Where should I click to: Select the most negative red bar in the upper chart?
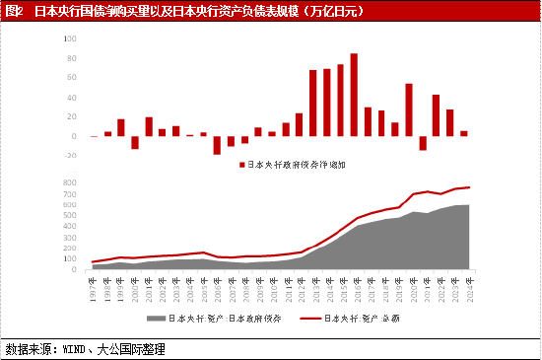[x=217, y=145]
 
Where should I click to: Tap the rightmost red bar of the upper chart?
[x=463, y=133]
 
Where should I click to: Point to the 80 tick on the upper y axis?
[x=69, y=58]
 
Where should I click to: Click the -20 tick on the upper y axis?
[x=68, y=155]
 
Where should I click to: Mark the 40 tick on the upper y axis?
[x=69, y=98]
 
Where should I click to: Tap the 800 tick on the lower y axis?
[x=69, y=182]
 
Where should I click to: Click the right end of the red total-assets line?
[x=469, y=187]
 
